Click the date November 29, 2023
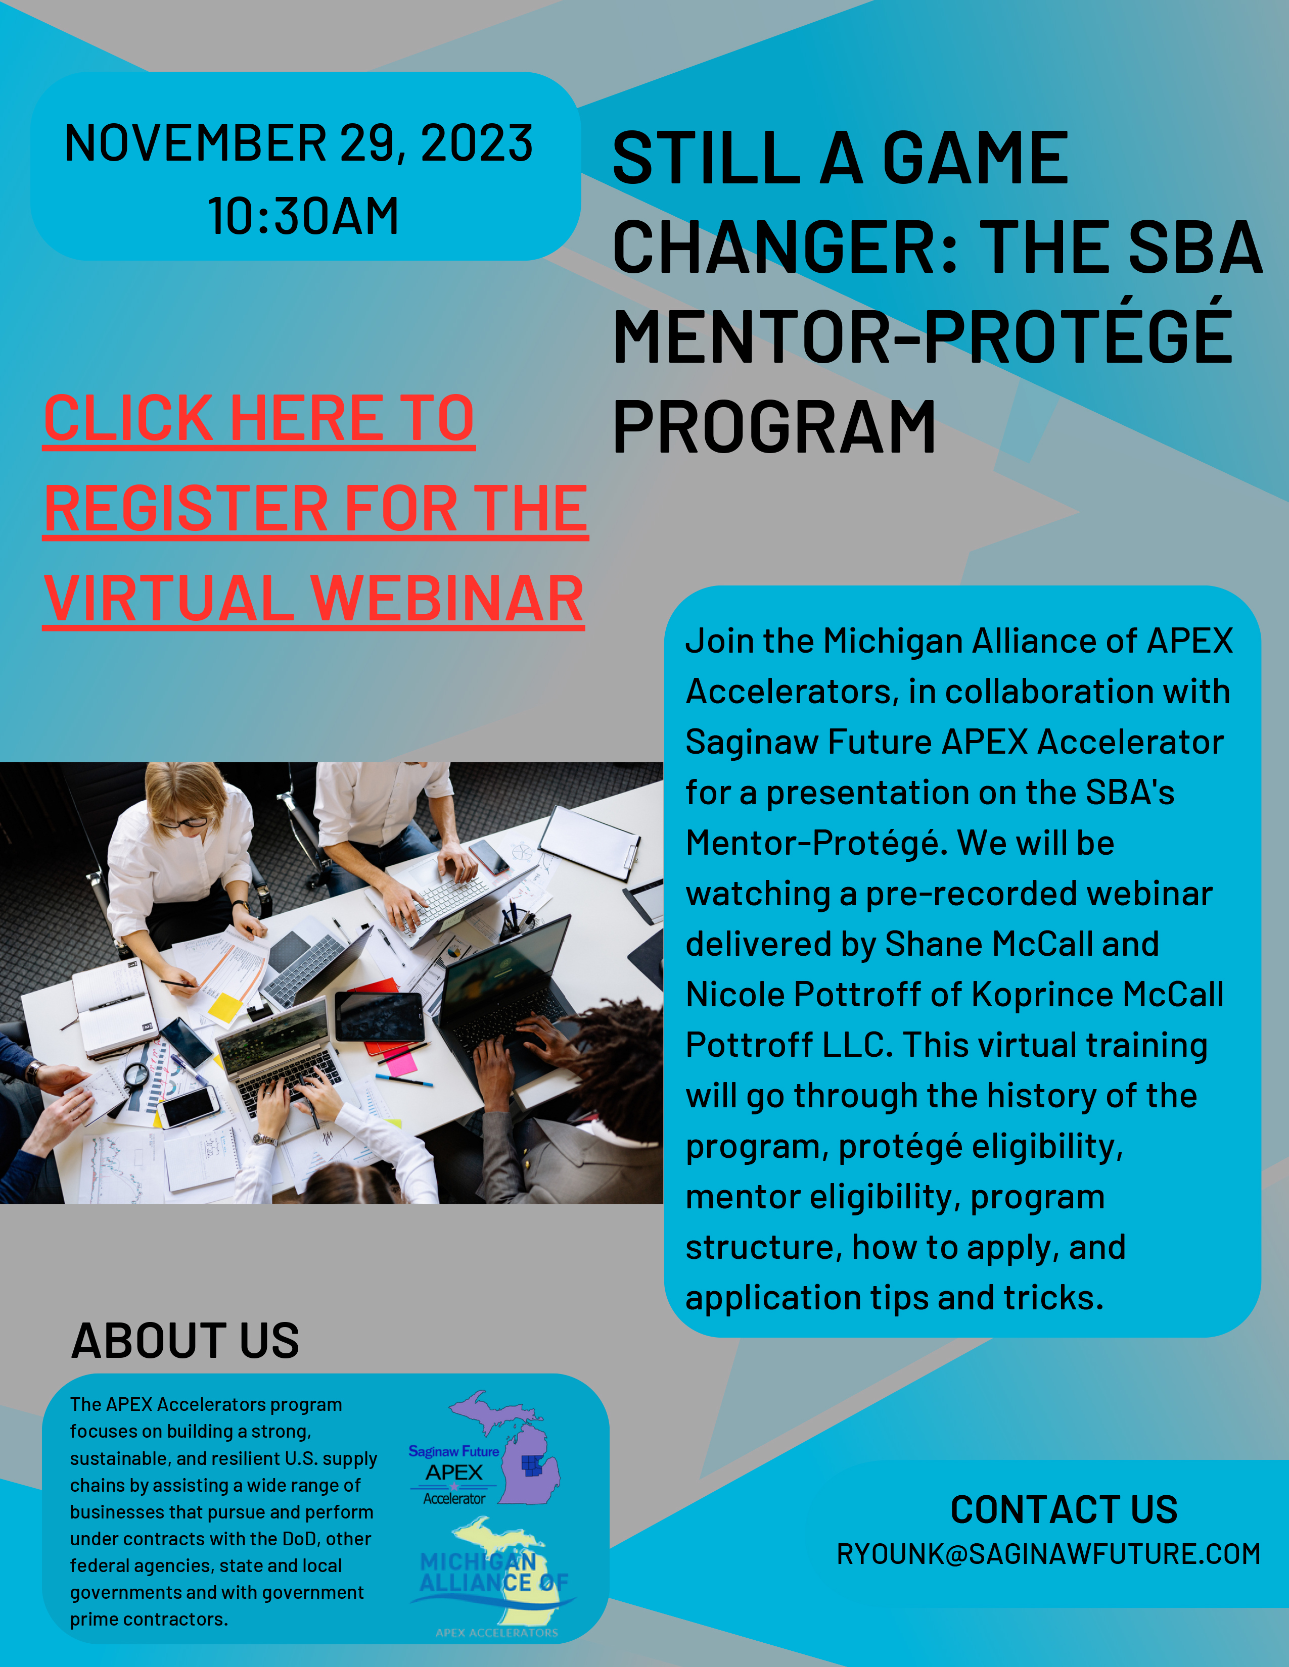pyautogui.click(x=299, y=143)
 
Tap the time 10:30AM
pyautogui.click(x=303, y=216)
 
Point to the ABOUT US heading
pyautogui.click(x=186, y=1341)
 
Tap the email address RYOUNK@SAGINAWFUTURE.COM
pyautogui.click(x=1048, y=1554)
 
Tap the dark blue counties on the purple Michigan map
pyautogui.click(x=533, y=1465)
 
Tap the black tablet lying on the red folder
pyautogui.click(x=380, y=1017)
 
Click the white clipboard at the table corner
pyautogui.click(x=589, y=842)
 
